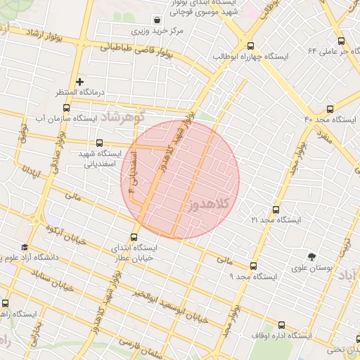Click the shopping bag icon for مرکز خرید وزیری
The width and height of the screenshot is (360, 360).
point(174,20)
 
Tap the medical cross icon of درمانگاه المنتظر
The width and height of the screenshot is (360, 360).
point(79,82)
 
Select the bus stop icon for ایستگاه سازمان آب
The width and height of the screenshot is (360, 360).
point(66,108)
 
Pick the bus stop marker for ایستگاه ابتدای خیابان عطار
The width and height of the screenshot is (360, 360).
point(134,238)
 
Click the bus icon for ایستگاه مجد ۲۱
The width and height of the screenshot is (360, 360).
point(275,210)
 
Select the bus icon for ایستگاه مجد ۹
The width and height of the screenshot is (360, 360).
point(253,266)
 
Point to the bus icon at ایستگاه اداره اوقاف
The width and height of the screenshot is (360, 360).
point(282,326)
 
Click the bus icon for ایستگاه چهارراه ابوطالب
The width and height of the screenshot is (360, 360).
point(251,46)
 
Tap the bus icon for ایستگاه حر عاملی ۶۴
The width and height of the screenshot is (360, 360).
point(341,41)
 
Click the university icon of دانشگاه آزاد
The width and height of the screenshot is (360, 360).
point(25,247)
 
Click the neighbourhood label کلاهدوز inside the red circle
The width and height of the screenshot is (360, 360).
point(210,204)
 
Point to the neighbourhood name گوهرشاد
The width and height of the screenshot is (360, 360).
point(121,115)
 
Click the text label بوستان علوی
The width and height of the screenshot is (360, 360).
point(312,268)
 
